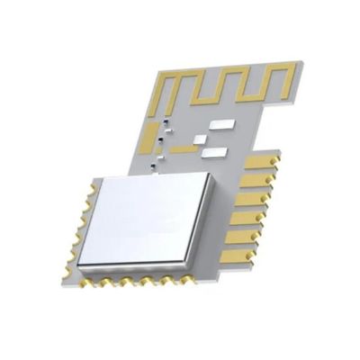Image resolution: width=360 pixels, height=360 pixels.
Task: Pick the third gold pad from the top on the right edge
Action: click(x=253, y=199)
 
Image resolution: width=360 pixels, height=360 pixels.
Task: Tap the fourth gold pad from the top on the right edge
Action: click(x=248, y=217)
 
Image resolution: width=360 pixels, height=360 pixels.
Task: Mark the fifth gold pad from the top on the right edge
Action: click(x=243, y=236)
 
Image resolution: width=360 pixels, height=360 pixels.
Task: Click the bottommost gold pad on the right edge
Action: click(x=238, y=255)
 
